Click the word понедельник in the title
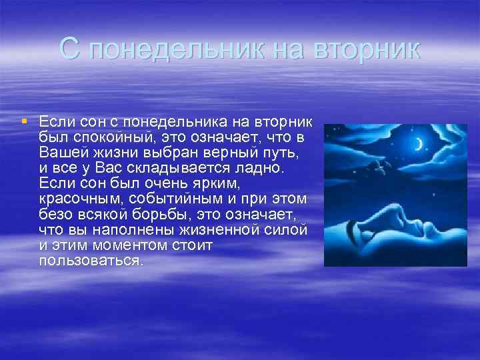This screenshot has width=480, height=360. (x=177, y=49)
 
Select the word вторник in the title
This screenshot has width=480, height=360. (x=367, y=49)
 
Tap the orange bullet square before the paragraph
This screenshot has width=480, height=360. (x=24, y=121)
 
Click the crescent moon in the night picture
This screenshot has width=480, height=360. (x=419, y=144)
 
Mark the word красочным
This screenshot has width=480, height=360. (x=80, y=199)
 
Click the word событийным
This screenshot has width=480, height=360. (x=175, y=199)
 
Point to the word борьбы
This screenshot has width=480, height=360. (x=159, y=214)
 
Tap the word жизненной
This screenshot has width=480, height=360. (x=219, y=230)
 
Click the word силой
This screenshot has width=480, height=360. (x=285, y=230)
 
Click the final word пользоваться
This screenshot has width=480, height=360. (x=91, y=261)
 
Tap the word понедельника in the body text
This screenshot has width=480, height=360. (x=175, y=122)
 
